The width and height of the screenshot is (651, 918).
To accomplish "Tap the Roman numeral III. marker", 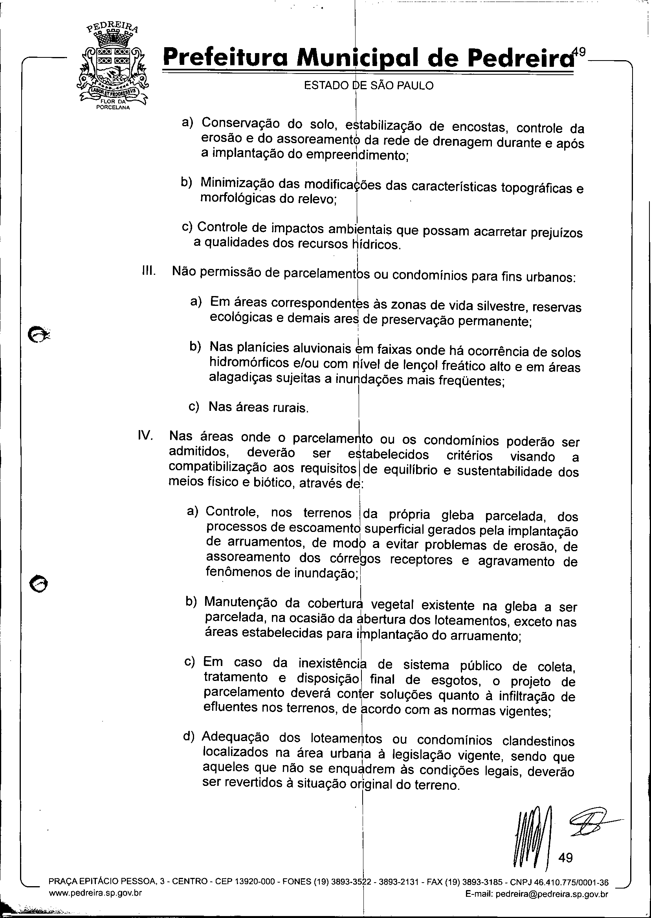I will point(149,271).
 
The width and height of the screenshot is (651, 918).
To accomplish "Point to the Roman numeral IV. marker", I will point(145,436).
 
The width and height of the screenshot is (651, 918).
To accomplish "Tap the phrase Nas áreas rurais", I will point(259,407).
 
